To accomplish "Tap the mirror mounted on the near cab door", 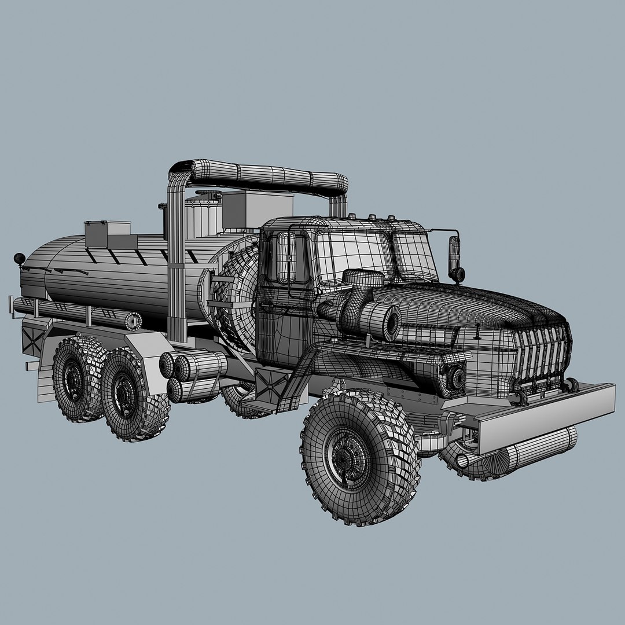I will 285,258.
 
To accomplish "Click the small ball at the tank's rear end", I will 19,258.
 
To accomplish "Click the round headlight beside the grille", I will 457,378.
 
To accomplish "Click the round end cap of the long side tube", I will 134,321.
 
